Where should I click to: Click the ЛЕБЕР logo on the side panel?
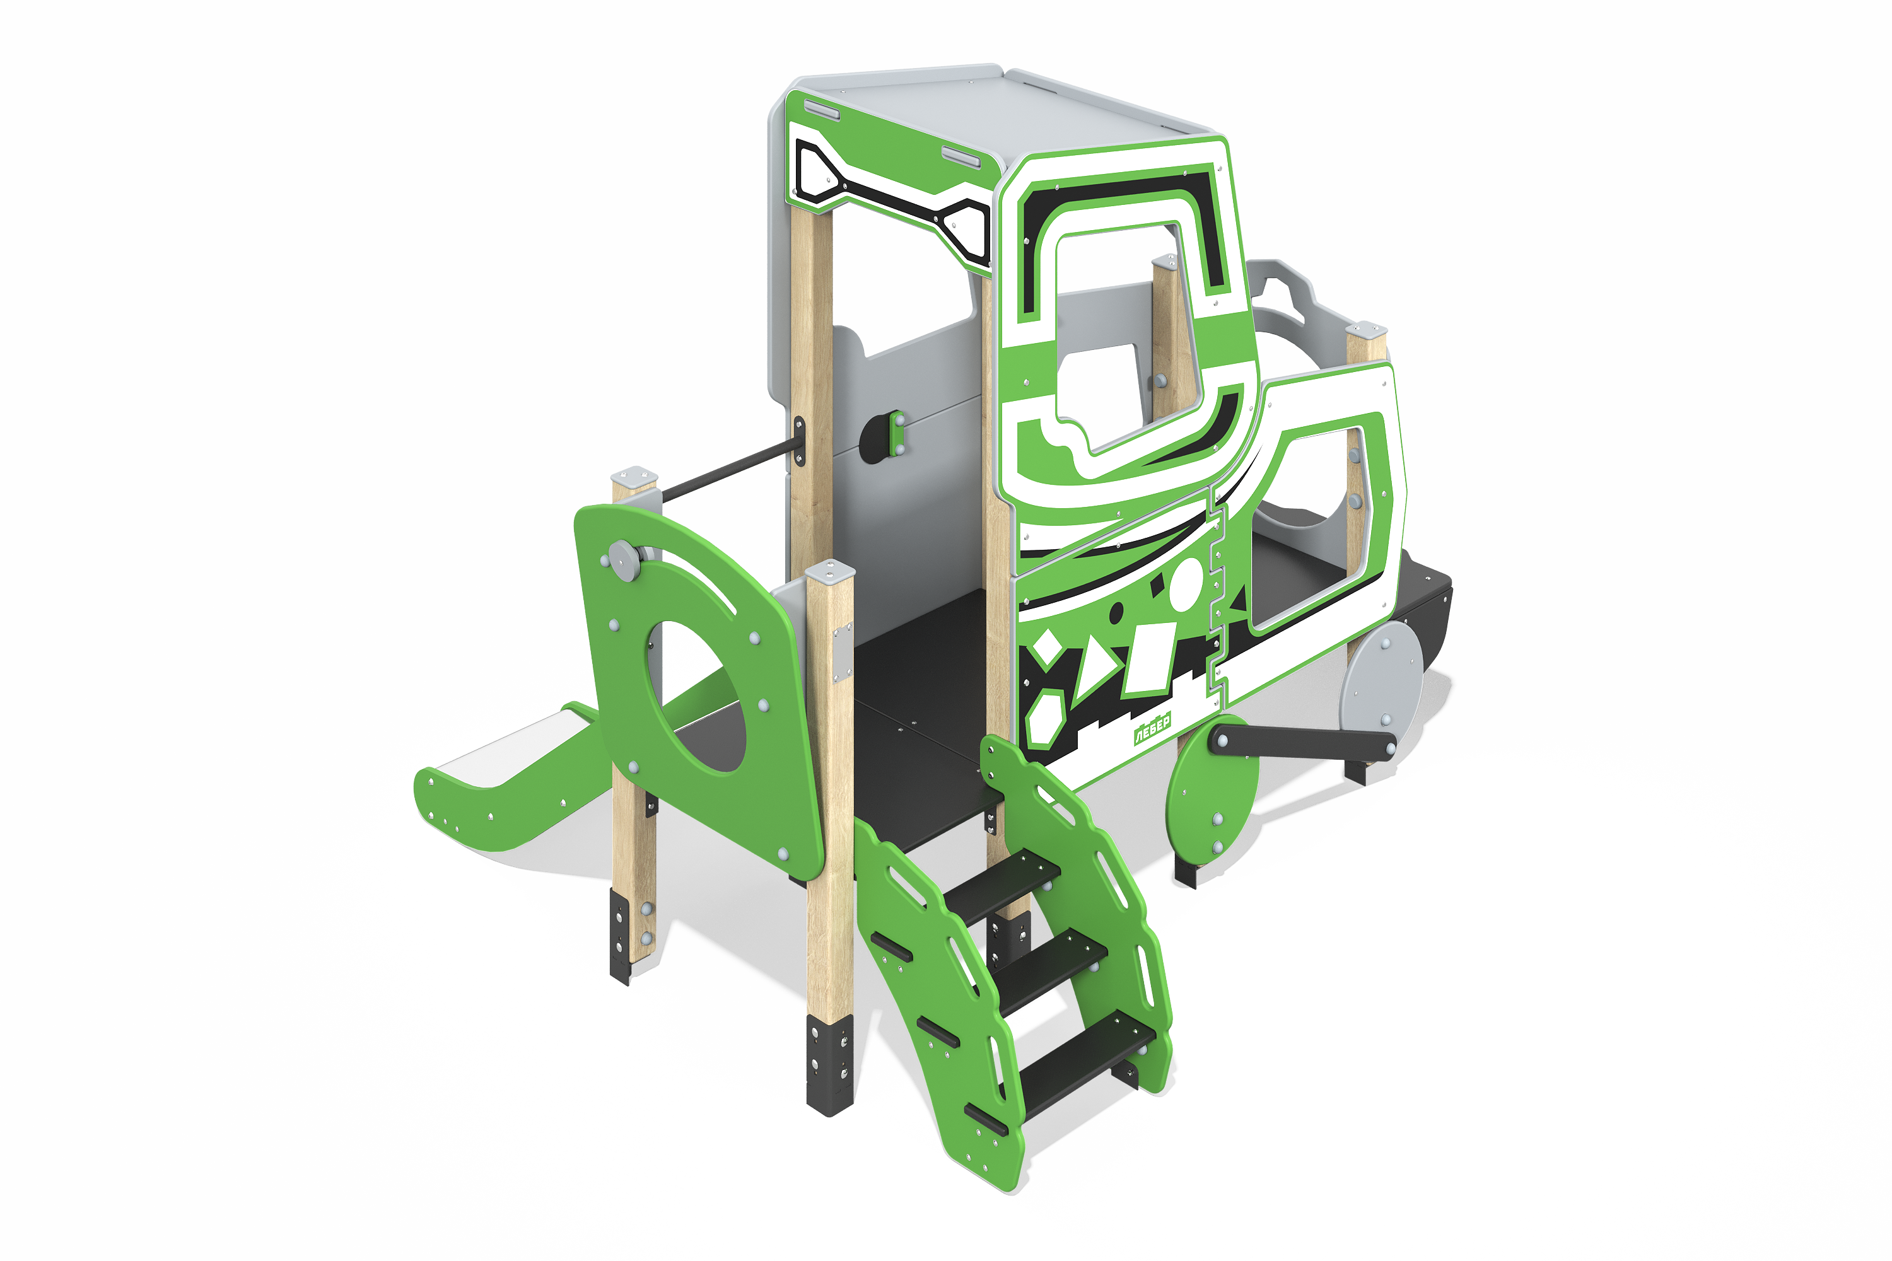pos(1152,729)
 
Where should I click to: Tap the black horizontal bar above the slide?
pos(724,467)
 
